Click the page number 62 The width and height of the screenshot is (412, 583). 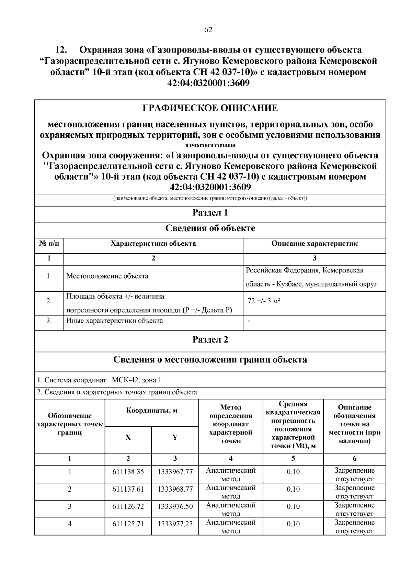pos(208,30)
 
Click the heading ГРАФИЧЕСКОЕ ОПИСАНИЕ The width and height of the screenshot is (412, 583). pos(210,109)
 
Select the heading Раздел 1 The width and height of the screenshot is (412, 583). pos(210,213)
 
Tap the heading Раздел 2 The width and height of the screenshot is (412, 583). pos(210,340)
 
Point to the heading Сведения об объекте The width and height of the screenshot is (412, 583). pos(210,228)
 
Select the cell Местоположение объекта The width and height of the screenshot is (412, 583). pos(107,276)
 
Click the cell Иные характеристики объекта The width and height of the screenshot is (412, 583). pos(114,321)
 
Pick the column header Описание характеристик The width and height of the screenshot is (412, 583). pos(314,244)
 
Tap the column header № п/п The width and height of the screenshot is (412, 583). pos(49,244)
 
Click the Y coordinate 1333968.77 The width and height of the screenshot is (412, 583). pos(175,489)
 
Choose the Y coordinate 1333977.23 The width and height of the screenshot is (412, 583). pos(175,524)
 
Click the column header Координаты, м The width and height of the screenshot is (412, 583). pos(152,411)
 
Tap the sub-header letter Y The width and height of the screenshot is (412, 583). pos(175,438)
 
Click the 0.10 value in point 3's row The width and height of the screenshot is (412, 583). pos(293,507)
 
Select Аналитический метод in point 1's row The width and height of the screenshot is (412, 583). pos(231,474)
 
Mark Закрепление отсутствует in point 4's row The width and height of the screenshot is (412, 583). pos(354,527)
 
